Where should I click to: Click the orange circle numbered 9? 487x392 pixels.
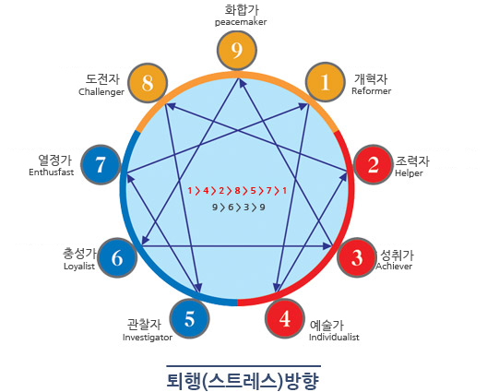pyautogui.click(x=237, y=50)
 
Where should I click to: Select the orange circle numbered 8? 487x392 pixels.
pyautogui.click(x=148, y=83)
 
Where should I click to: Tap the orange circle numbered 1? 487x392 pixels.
pyautogui.click(x=326, y=82)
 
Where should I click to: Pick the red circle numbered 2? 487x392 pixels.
pyautogui.click(x=374, y=164)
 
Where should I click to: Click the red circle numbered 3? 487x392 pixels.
pyautogui.click(x=357, y=257)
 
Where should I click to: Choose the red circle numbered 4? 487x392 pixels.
pyautogui.click(x=285, y=318)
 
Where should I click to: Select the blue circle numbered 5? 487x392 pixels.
pyautogui.click(x=189, y=319)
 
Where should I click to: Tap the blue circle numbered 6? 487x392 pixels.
pyautogui.click(x=117, y=257)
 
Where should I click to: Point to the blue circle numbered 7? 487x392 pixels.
pyautogui.click(x=101, y=164)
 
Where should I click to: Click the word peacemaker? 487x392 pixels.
pyautogui.click(x=241, y=22)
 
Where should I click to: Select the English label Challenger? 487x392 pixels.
pyautogui.click(x=101, y=91)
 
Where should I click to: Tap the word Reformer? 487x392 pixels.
pyautogui.click(x=371, y=91)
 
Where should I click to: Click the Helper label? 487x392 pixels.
pyautogui.click(x=409, y=173)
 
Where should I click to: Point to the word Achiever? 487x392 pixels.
pyautogui.click(x=394, y=266)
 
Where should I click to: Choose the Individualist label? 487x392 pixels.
pyautogui.click(x=334, y=337)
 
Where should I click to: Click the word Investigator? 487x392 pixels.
pyautogui.click(x=148, y=338)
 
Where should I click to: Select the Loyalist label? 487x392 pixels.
pyautogui.click(x=79, y=267)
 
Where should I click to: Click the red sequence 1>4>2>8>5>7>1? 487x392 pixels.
pyautogui.click(x=237, y=191)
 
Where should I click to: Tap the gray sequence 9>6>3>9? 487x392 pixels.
pyautogui.click(x=239, y=208)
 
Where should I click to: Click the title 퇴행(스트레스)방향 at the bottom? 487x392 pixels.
pyautogui.click(x=243, y=381)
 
